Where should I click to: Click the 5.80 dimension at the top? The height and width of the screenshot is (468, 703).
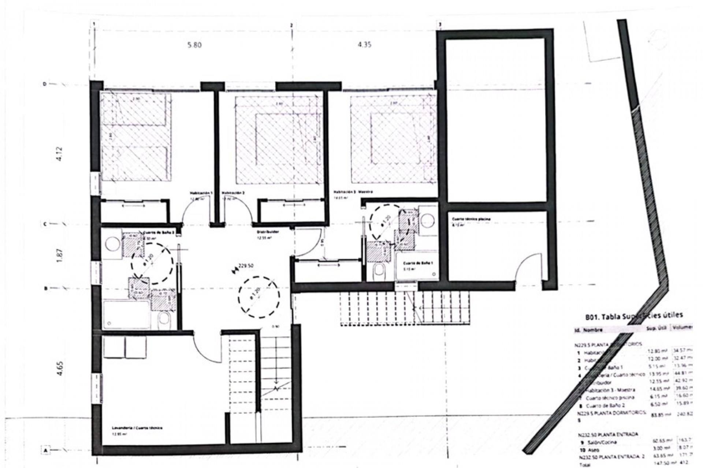click(194, 45)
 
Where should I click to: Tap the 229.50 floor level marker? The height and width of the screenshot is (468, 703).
click(246, 266)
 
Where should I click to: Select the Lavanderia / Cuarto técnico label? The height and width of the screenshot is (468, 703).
click(137, 427)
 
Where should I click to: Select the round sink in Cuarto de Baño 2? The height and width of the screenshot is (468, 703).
click(112, 244)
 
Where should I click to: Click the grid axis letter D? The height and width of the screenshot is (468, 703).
click(45, 84)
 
